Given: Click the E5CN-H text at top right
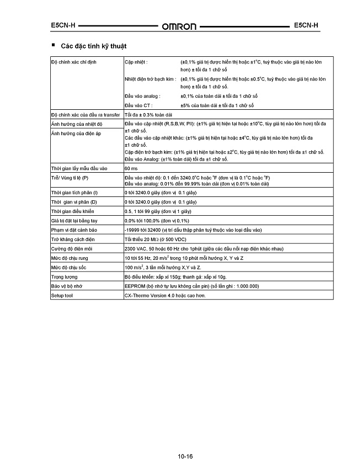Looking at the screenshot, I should click(x=306, y=25).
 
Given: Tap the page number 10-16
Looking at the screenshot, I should click(x=185, y=456).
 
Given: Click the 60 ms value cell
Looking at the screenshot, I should click(x=131, y=167).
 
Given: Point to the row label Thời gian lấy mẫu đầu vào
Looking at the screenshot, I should click(x=78, y=167).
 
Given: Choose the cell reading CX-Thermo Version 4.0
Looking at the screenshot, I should click(x=164, y=296).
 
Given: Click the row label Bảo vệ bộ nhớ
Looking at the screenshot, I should click(x=66, y=286).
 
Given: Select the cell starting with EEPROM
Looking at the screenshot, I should click(x=191, y=286).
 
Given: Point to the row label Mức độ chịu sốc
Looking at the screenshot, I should click(x=68, y=267).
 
